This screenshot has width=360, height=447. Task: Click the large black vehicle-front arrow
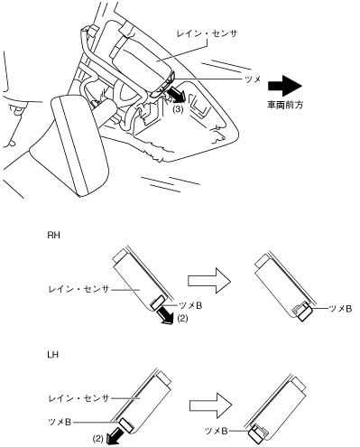tap(284, 86)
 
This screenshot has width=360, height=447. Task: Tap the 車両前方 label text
tap(285, 105)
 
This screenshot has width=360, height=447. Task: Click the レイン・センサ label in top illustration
tap(207, 33)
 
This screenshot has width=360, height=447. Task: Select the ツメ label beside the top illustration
tap(253, 79)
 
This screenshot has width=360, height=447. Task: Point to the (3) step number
tap(178, 110)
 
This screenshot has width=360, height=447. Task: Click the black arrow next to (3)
tap(175, 95)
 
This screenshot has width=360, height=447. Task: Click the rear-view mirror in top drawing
tap(79, 144)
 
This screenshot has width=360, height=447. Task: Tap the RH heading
tap(53, 235)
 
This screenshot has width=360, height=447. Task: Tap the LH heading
tap(52, 355)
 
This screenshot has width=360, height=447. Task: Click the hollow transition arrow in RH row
tap(209, 281)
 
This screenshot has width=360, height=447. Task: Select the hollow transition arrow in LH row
tap(210, 405)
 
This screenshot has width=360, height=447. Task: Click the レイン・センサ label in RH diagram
tap(78, 289)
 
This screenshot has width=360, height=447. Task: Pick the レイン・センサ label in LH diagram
tap(78, 398)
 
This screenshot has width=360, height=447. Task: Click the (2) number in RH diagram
tap(182, 318)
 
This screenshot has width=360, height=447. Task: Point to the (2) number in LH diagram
tap(98, 439)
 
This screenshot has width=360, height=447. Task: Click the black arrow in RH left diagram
tap(165, 314)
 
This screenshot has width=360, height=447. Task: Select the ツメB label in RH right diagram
tap(340, 309)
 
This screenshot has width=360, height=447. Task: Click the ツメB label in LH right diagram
tap(216, 431)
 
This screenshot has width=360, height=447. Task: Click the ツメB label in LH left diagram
tap(60, 423)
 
